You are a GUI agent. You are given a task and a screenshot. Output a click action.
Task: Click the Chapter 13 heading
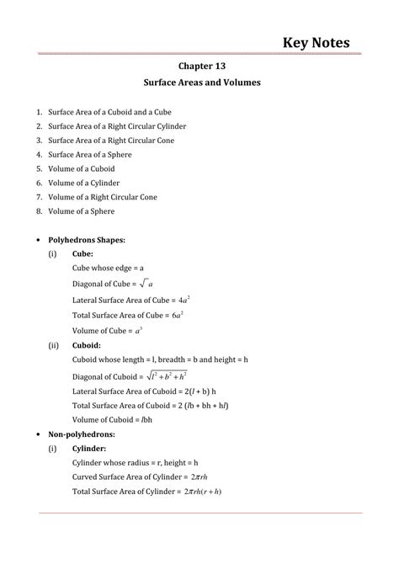click(200, 65)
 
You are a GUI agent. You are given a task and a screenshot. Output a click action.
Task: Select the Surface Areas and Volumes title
click(200, 83)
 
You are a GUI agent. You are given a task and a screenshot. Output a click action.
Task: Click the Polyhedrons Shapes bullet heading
click(88, 239)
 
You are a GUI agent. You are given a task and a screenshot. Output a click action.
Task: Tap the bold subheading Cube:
click(82, 253)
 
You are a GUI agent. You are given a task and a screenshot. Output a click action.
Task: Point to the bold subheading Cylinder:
click(90, 448)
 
